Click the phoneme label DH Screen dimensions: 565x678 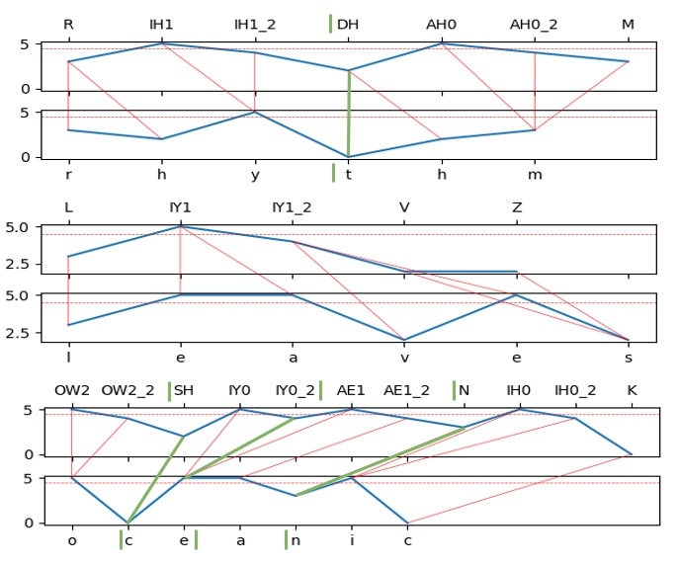point(348,24)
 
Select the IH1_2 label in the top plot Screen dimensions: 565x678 point(255,24)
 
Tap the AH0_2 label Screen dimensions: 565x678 point(535,24)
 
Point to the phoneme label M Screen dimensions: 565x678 point(629,24)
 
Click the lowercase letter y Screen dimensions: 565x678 point(255,174)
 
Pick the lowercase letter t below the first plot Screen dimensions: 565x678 point(348,174)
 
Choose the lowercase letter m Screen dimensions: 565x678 point(535,174)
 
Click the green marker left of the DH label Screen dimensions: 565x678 point(330,24)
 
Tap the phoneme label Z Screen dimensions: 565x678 point(517,207)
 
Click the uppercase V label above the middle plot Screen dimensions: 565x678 point(404,207)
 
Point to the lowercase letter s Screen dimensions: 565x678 point(629,357)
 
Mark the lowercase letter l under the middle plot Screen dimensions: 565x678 point(68,357)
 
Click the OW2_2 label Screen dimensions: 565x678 point(127,390)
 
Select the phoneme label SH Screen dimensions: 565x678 point(184,390)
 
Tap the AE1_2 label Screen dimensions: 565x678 point(407,390)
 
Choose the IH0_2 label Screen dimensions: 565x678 point(575,390)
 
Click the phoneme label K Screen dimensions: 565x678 point(632,390)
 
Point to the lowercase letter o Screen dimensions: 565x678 point(72,540)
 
